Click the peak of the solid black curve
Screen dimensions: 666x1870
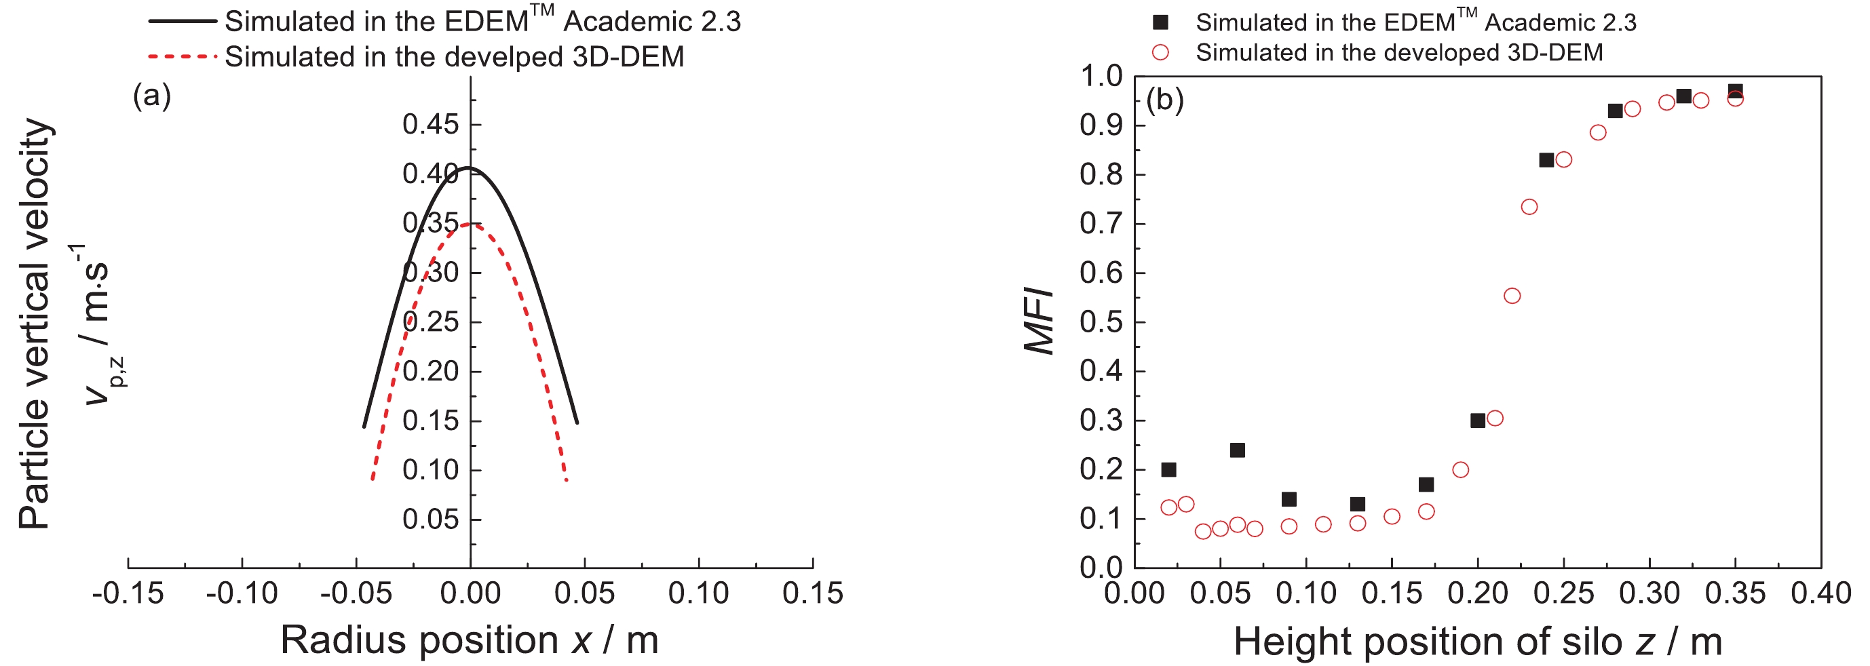click(469, 168)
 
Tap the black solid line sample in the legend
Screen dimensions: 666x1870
click(183, 21)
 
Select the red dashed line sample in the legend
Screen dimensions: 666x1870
click(183, 56)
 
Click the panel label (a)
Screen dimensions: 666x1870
click(152, 96)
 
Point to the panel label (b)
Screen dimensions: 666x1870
click(1164, 100)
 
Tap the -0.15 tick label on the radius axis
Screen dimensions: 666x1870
click(128, 593)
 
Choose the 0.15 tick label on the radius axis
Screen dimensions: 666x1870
click(812, 593)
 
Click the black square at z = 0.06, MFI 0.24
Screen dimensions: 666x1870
click(1238, 450)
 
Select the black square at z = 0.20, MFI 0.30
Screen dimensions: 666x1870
click(1478, 420)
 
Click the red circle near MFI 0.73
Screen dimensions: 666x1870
click(1529, 208)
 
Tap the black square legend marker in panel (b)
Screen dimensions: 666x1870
click(1161, 22)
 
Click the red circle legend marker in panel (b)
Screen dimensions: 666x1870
click(1161, 52)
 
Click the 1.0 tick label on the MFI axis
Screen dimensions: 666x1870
click(1101, 75)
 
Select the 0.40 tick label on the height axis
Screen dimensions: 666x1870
click(1820, 593)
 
